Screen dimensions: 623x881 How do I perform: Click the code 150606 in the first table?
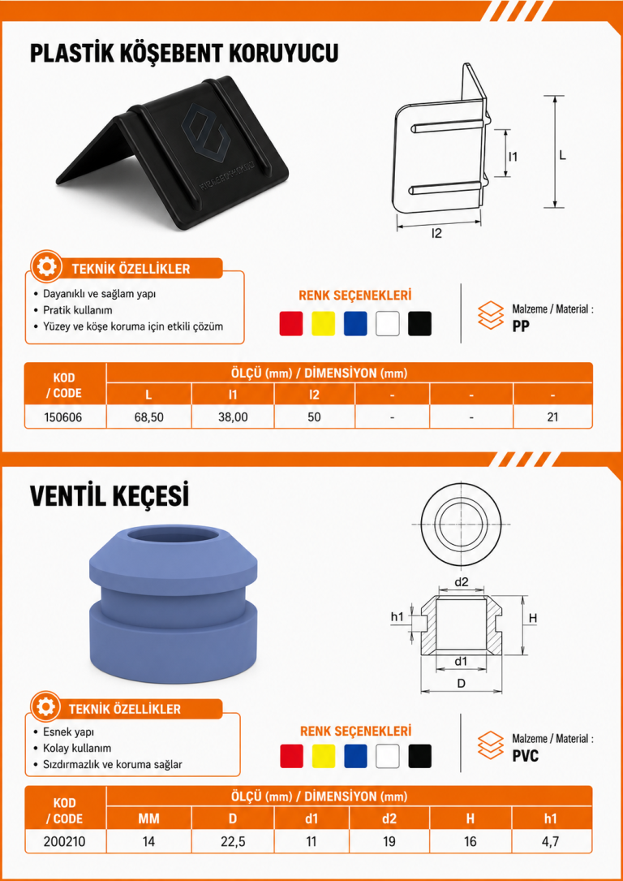click(x=65, y=417)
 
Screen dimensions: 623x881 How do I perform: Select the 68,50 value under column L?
click(x=148, y=417)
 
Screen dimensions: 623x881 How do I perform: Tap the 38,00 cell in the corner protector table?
click(x=232, y=417)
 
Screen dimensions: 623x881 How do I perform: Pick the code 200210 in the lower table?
click(x=65, y=841)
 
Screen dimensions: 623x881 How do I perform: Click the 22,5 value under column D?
click(x=232, y=841)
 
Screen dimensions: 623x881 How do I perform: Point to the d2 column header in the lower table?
click(x=389, y=818)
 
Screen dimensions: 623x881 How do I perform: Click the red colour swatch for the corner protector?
click(x=290, y=324)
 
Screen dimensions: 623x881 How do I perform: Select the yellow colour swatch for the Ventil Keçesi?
click(x=324, y=756)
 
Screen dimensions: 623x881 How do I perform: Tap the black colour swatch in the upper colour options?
click(x=420, y=324)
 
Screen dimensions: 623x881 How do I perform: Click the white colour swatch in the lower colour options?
click(x=388, y=756)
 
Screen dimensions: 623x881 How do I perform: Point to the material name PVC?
click(x=526, y=756)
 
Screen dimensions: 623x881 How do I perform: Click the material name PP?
click(x=521, y=326)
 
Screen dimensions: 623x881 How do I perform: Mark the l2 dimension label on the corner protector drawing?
click(x=436, y=233)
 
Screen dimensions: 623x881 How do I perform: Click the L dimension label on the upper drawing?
click(x=562, y=155)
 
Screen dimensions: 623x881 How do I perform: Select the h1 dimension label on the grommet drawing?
click(x=397, y=617)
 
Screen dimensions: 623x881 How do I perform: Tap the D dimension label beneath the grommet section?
click(x=461, y=682)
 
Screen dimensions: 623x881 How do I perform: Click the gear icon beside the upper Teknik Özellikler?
click(x=47, y=266)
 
